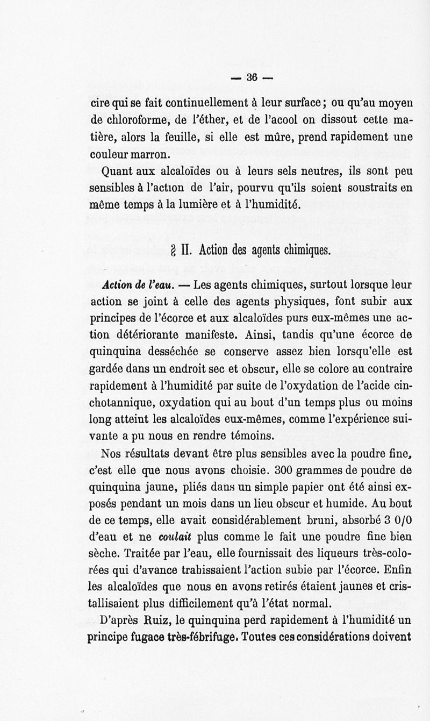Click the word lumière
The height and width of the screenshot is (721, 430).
(202, 205)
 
